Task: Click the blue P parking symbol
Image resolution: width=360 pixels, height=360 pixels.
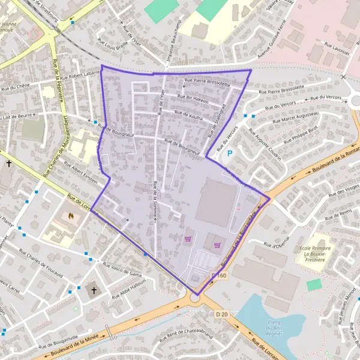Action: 229,154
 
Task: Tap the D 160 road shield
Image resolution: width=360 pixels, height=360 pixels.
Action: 219,275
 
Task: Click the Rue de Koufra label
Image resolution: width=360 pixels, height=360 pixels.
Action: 188,115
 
